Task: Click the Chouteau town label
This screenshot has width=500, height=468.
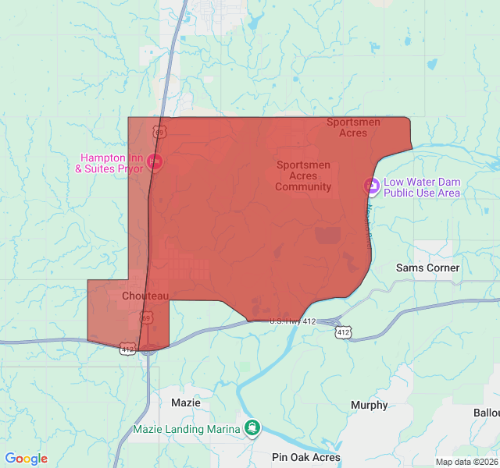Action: pyautogui.click(x=145, y=296)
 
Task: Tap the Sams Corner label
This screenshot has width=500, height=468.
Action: pyautogui.click(x=427, y=268)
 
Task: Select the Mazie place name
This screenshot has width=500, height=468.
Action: pyautogui.click(x=185, y=402)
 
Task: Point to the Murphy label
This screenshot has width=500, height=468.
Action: pyautogui.click(x=369, y=405)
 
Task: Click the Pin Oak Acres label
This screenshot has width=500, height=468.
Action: pyautogui.click(x=306, y=457)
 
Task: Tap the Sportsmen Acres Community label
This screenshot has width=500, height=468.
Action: pyautogui.click(x=303, y=175)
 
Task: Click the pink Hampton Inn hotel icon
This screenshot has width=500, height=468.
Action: pyautogui.click(x=155, y=162)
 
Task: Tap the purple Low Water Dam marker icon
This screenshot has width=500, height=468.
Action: pyautogui.click(x=372, y=186)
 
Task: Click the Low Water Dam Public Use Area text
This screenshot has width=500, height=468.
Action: pyautogui.click(x=422, y=187)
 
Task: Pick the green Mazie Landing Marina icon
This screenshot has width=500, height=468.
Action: pyautogui.click(x=252, y=427)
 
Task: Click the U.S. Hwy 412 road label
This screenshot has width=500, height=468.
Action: pyautogui.click(x=292, y=321)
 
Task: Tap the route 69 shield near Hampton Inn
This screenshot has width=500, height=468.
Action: pyautogui.click(x=159, y=133)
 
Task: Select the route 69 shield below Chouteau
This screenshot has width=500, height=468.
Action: pyautogui.click(x=146, y=317)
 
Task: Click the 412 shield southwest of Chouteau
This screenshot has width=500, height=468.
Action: pyautogui.click(x=127, y=349)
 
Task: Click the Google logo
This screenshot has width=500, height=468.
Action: pyautogui.click(x=26, y=459)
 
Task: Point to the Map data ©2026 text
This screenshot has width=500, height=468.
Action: pyautogui.click(x=466, y=462)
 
